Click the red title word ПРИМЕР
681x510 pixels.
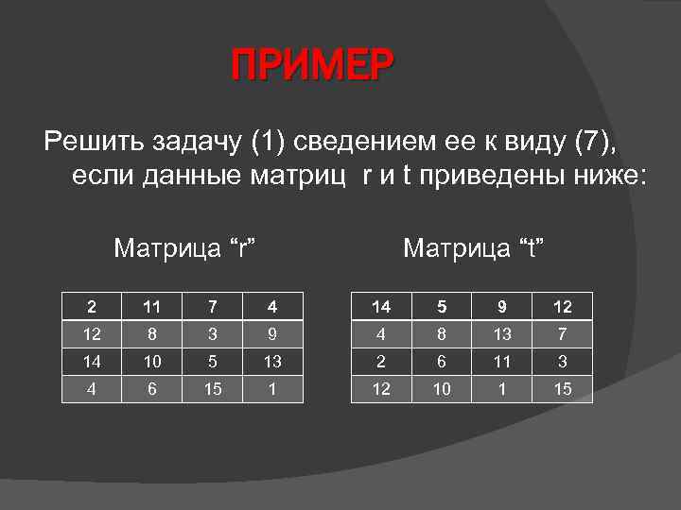pyautogui.click(x=311, y=67)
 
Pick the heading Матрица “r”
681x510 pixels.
pyautogui.click(x=186, y=248)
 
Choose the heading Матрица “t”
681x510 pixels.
pyautogui.click(x=475, y=248)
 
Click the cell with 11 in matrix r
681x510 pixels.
pyautogui.click(x=151, y=306)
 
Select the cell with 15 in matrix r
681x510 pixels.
pyautogui.click(x=212, y=388)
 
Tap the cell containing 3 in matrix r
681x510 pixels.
pyautogui.click(x=212, y=333)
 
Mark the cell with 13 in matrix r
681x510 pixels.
pyautogui.click(x=272, y=361)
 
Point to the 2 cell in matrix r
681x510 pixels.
pyautogui.click(x=91, y=306)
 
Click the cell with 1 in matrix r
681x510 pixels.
pyautogui.click(x=272, y=388)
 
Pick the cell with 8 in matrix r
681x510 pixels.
pyautogui.click(x=151, y=333)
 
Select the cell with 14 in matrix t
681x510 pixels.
pyautogui.click(x=380, y=306)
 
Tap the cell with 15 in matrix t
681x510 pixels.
pyautogui.click(x=562, y=388)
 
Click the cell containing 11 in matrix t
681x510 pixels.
pyautogui.click(x=501, y=361)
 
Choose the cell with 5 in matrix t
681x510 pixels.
pyautogui.click(x=441, y=306)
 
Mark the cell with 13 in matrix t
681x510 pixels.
pyautogui.click(x=501, y=333)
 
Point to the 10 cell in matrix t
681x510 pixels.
pyautogui.click(x=441, y=388)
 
